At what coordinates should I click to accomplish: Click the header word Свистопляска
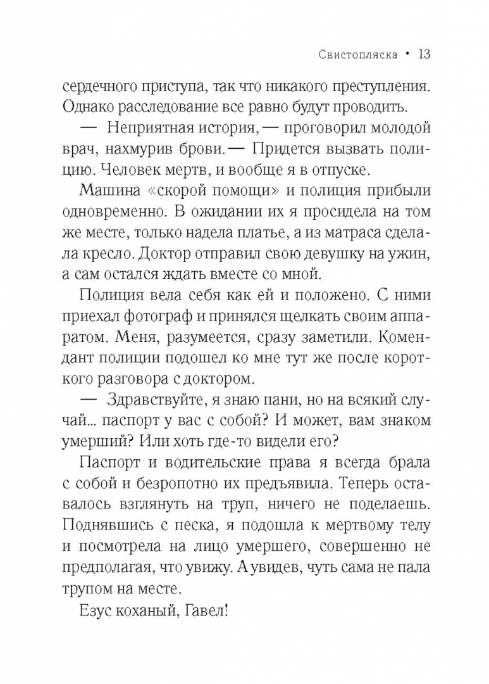(x=354, y=55)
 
